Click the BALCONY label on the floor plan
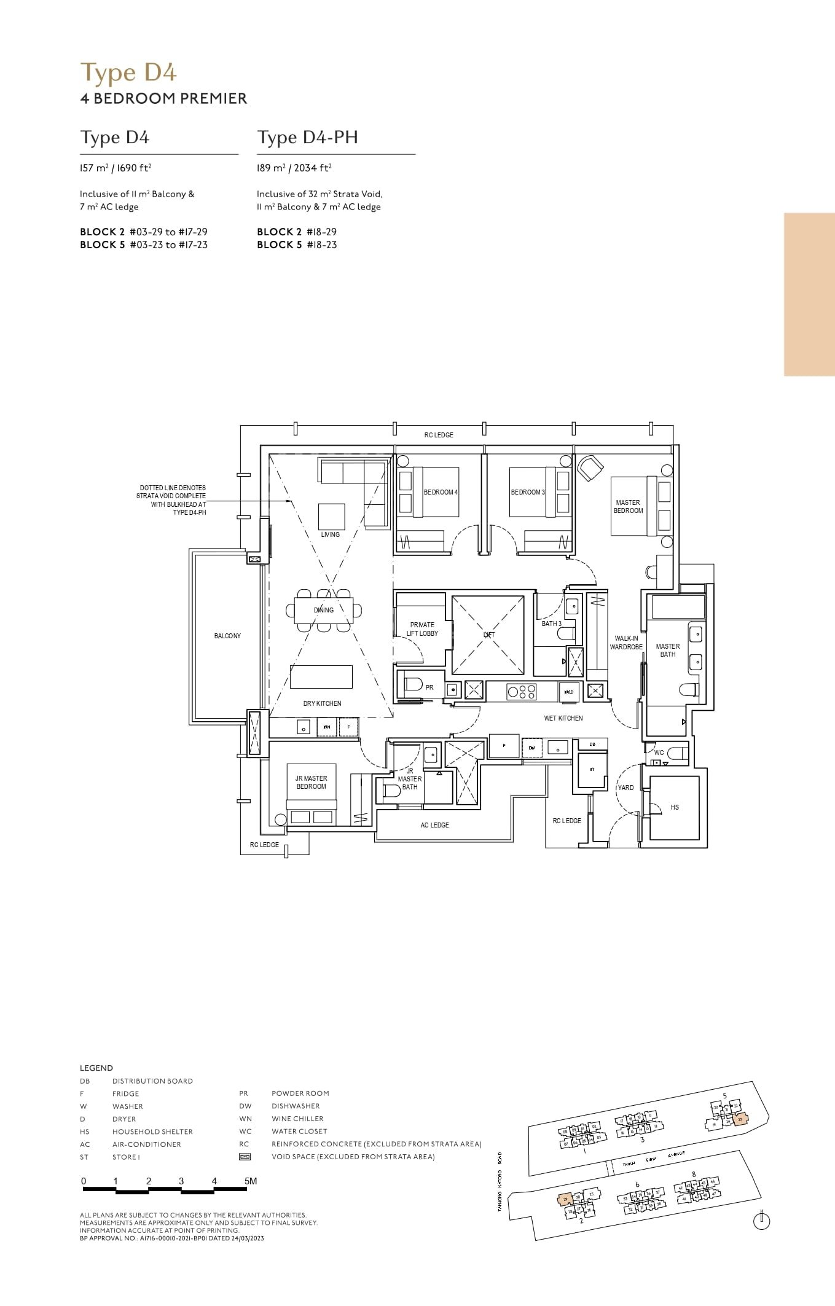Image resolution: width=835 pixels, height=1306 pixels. (227, 636)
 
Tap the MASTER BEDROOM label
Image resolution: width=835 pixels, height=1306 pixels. (628, 507)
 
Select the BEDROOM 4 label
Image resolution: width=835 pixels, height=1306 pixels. (441, 492)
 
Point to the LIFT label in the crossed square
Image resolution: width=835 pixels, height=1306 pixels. (489, 635)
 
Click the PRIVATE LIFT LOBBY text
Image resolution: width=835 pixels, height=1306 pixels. (422, 629)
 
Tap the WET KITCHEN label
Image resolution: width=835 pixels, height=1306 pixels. (563, 718)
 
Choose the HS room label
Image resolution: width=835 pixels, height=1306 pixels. (675, 807)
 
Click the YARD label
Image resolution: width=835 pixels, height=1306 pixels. (625, 788)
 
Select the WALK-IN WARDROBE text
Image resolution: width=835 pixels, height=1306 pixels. (626, 643)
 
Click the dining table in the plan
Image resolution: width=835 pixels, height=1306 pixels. (324, 611)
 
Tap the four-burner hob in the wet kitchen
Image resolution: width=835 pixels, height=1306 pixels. (521, 692)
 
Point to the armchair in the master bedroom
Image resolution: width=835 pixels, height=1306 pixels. (590, 468)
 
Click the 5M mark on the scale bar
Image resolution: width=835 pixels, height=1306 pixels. (250, 1181)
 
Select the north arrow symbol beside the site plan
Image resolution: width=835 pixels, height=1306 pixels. (761, 1222)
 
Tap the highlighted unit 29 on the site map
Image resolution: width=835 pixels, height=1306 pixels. (565, 1199)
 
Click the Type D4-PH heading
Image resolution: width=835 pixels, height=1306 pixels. (307, 137)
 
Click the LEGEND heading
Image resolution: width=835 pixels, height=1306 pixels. (96, 1068)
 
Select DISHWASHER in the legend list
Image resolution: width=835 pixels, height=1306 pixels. (296, 1106)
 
